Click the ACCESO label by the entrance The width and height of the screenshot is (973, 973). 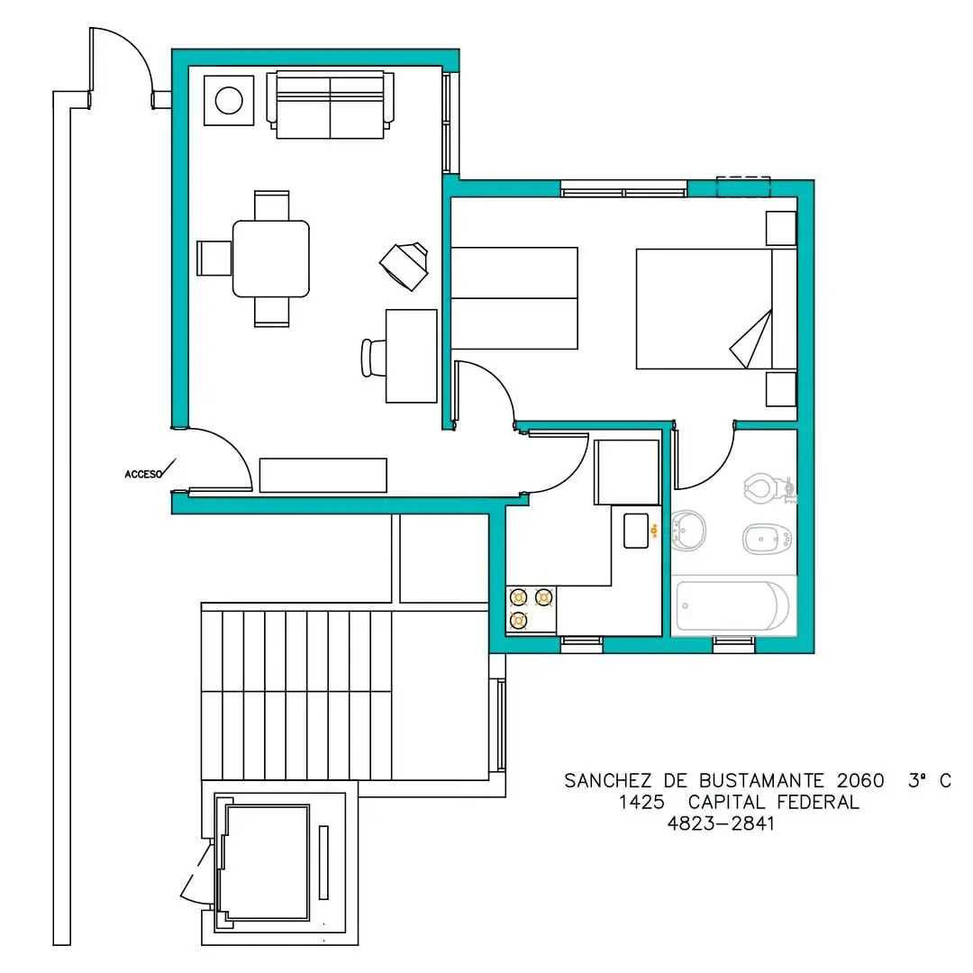(x=143, y=474)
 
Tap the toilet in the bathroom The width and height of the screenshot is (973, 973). (x=768, y=489)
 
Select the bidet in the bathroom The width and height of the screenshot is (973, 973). (x=767, y=540)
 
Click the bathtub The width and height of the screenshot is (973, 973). (x=732, y=605)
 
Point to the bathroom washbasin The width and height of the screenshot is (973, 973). (x=689, y=531)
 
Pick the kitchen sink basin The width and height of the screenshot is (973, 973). (x=636, y=531)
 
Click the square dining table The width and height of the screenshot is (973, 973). (x=271, y=259)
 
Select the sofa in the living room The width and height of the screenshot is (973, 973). (x=330, y=105)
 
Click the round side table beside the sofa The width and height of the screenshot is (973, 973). (x=229, y=101)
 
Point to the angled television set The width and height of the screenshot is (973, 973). (x=405, y=266)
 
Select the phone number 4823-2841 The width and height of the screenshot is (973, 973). (x=721, y=823)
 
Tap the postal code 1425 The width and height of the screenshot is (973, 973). (x=641, y=803)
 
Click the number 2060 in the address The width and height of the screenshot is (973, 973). (x=860, y=780)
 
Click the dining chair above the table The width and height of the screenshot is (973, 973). (x=272, y=205)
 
